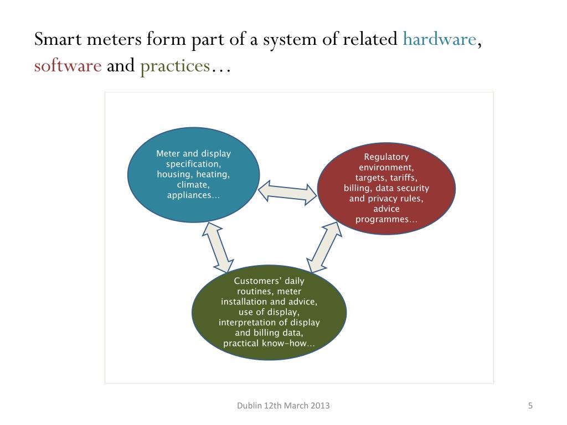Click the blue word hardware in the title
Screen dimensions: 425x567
click(440, 39)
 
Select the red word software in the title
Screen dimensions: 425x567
click(68, 66)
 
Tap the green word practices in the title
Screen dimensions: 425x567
click(175, 66)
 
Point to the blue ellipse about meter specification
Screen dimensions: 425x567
click(193, 175)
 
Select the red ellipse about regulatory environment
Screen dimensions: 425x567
click(386, 188)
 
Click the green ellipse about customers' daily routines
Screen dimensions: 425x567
click(269, 312)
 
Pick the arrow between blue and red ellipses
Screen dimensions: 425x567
click(287, 193)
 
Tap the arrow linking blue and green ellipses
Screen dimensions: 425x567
click(218, 248)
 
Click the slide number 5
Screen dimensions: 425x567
click(530, 406)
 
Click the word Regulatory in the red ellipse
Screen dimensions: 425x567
click(386, 157)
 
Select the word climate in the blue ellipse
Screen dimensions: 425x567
click(193, 185)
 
